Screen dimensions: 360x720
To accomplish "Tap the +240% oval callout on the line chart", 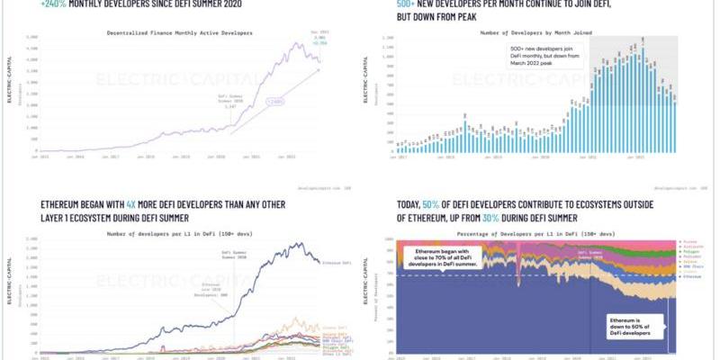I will (x=275, y=102).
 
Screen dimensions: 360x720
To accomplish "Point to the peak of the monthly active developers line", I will (x=307, y=44).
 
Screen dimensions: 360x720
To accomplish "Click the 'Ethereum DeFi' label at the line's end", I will (x=335, y=262).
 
